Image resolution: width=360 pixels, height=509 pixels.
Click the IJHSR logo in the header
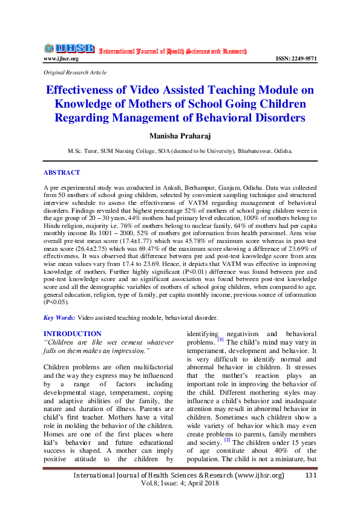click(x=69, y=48)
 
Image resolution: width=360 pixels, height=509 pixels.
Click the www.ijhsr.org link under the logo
click(x=61, y=59)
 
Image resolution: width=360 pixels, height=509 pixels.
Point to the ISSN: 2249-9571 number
click(x=295, y=59)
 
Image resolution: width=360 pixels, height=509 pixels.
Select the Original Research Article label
click(x=75, y=72)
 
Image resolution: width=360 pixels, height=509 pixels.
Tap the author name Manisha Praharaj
click(x=180, y=136)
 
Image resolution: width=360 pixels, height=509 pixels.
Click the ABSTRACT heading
click(x=61, y=172)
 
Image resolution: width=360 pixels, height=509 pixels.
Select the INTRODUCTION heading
click(x=73, y=334)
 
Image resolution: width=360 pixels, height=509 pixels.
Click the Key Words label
click(x=59, y=317)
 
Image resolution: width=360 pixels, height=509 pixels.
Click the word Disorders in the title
click(x=272, y=117)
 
